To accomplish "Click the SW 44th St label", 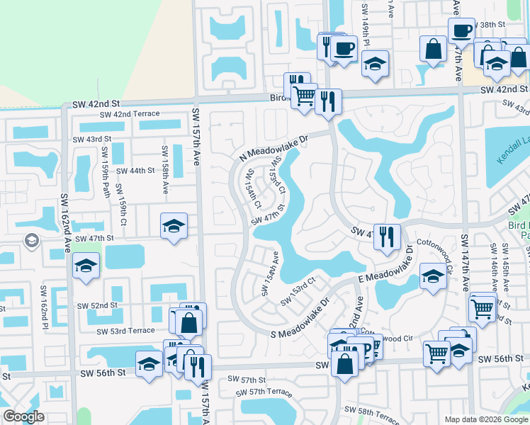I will point(135,171).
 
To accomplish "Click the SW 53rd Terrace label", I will point(126,331).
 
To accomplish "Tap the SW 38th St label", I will point(493,24).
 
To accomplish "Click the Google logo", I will point(23,416).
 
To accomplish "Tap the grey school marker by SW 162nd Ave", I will point(31,242).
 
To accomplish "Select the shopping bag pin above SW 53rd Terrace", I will point(190,322).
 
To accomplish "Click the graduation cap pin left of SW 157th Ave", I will point(174,226).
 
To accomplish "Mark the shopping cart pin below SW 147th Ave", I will point(482,308).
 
